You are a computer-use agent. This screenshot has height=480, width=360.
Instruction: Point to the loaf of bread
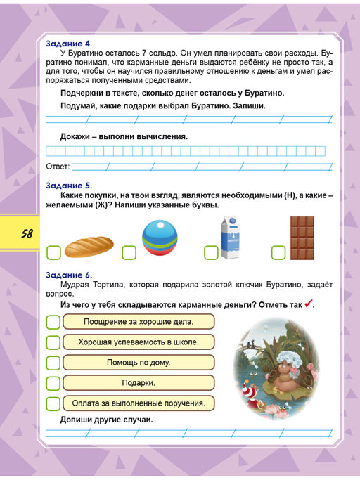pos(89,247)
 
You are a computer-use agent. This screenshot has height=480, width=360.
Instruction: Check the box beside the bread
pos(53,252)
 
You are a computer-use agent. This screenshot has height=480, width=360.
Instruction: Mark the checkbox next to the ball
pos(129,252)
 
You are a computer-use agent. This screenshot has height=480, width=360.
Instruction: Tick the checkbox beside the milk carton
pos(210,252)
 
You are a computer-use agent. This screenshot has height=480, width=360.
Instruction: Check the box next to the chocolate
pos(278,252)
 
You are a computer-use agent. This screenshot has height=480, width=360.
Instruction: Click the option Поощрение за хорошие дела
pos(139,321)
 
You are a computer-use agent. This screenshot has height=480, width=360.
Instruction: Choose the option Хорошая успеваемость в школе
pos(139,342)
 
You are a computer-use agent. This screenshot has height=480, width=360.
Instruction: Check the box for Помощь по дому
pos(53,363)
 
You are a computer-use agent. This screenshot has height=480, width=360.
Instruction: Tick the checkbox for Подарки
pos(53,383)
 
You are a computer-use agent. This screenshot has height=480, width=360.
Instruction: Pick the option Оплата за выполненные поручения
pos(139,403)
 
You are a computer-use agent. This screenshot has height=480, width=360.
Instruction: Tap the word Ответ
pos(58,167)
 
